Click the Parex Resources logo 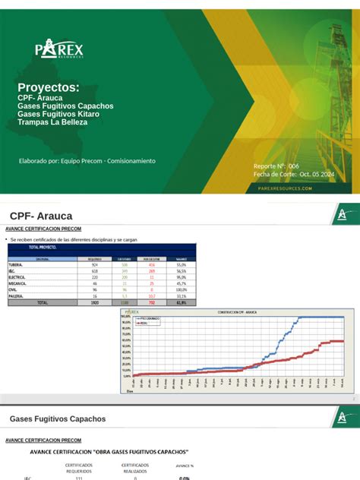[59, 49]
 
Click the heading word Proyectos [48, 87]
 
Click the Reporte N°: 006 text [282, 166]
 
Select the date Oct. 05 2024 [317, 174]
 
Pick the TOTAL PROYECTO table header [43, 248]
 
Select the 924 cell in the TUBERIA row [95, 264]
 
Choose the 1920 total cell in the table [95, 302]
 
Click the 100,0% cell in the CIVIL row [181, 289]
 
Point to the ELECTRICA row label [17, 277]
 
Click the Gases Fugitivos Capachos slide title [58, 418]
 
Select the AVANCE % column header [184, 466]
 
